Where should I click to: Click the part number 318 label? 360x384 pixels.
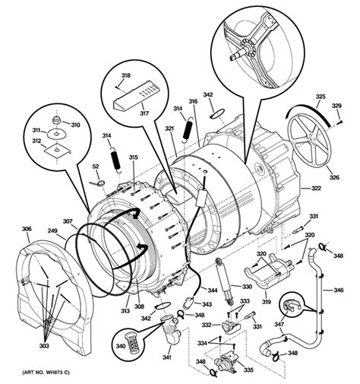126,76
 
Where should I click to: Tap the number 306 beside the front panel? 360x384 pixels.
26,229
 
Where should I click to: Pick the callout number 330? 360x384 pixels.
246,287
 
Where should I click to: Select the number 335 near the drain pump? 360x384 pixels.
248,370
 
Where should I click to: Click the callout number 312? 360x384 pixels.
36,142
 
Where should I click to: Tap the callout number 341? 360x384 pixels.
168,357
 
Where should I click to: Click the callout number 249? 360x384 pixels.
52,230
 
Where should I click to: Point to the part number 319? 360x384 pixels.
266,301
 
